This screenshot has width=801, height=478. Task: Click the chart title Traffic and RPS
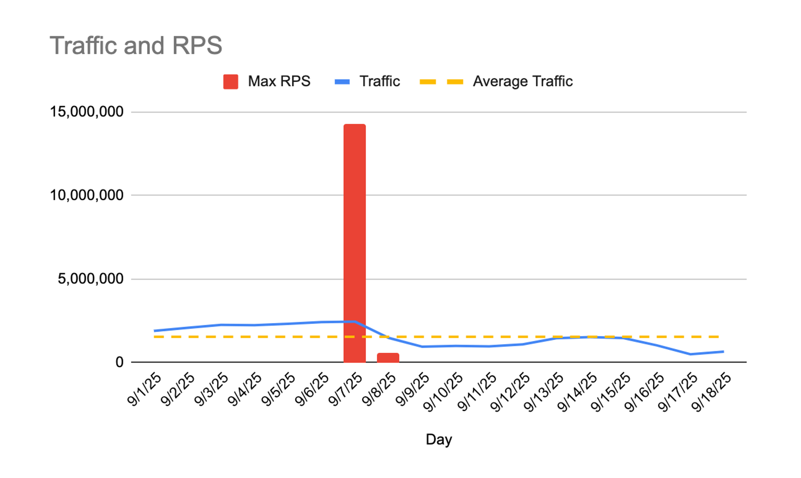click(x=136, y=46)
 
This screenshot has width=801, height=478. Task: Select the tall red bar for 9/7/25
click(x=354, y=242)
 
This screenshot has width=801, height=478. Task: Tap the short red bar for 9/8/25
click(x=388, y=357)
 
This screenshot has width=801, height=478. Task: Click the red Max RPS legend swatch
click(x=231, y=82)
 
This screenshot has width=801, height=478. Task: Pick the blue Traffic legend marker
click(x=342, y=82)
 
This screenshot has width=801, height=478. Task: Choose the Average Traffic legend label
click(x=522, y=82)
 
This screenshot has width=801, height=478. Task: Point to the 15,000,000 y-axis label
click(x=87, y=112)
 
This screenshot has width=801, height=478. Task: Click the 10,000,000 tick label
click(x=87, y=195)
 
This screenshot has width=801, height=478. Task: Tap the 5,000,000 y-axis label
click(x=90, y=279)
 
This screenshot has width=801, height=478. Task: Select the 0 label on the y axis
click(x=119, y=362)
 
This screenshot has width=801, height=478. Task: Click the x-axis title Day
click(x=439, y=439)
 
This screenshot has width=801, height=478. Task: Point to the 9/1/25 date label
click(x=145, y=389)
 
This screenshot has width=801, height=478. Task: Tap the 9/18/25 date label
click(x=712, y=391)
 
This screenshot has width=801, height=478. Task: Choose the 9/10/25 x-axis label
click(x=443, y=391)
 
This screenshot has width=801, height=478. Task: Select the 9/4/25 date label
click(x=245, y=389)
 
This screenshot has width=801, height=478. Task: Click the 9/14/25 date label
click(x=578, y=391)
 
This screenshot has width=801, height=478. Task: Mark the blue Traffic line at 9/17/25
click(x=690, y=354)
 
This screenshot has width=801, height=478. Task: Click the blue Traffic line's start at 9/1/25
click(x=155, y=331)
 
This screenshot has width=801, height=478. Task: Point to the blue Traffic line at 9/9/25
click(x=422, y=346)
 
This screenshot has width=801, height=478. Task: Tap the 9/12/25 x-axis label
click(x=510, y=391)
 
